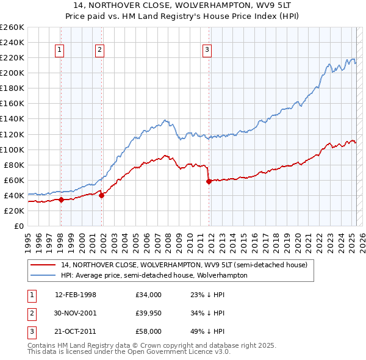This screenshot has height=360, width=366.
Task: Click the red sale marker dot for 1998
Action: (x=61, y=200)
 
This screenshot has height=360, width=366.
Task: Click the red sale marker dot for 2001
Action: (x=101, y=195)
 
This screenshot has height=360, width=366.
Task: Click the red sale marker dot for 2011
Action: (x=209, y=181)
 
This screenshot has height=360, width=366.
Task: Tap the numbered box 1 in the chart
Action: (x=60, y=50)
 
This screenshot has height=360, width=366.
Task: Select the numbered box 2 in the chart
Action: (x=99, y=50)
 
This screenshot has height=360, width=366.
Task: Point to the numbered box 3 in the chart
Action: (x=207, y=50)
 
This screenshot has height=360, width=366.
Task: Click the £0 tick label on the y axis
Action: (x=19, y=226)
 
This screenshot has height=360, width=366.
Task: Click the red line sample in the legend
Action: (x=43, y=265)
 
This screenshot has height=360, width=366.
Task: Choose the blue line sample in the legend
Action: (x=43, y=275)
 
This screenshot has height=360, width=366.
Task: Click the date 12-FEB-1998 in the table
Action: (x=76, y=295)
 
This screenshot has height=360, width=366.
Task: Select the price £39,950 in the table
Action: (x=149, y=314)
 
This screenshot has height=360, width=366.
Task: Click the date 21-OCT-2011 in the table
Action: (x=76, y=333)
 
